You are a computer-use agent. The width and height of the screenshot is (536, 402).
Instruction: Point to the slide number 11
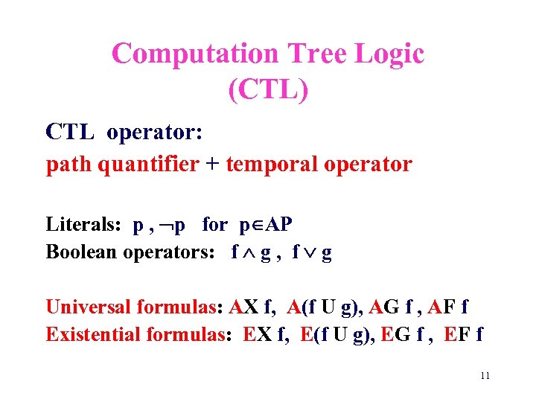pos(485,376)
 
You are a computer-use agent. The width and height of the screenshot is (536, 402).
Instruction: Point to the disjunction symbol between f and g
pos(308,252)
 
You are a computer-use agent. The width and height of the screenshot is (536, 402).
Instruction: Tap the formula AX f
pos(254,307)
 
